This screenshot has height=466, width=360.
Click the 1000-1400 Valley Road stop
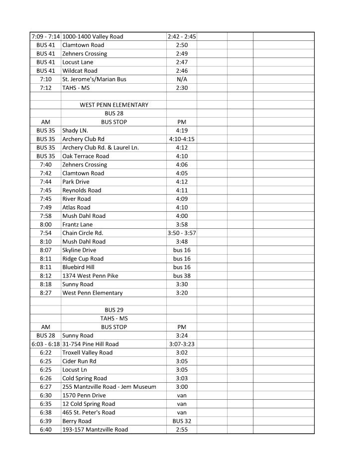coord(93,36)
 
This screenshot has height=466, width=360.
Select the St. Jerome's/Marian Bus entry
coord(91,79)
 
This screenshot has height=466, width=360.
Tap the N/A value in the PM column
coord(182,79)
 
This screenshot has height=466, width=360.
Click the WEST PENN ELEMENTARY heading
coord(114,105)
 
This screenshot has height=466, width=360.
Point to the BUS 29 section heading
coord(114,310)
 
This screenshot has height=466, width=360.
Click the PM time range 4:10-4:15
coord(182,139)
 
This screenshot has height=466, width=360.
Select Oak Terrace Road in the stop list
coord(86,156)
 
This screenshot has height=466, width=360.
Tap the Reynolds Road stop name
coord(82,190)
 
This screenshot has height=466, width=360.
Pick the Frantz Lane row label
coord(78,224)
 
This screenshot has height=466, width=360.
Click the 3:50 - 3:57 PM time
coord(182,233)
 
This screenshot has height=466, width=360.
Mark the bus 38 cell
coord(182,276)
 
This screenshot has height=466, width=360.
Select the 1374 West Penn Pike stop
coord(90,276)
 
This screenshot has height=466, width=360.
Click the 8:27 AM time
coord(45,293)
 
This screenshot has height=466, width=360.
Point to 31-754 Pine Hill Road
coord(91,344)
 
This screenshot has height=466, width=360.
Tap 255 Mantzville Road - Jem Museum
coord(109,387)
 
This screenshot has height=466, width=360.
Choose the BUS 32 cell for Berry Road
coord(182,421)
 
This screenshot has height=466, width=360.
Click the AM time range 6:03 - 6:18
coord(45,344)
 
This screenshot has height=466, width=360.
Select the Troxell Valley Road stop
coord(88,352)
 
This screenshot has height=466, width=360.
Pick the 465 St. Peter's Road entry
coord(89,412)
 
